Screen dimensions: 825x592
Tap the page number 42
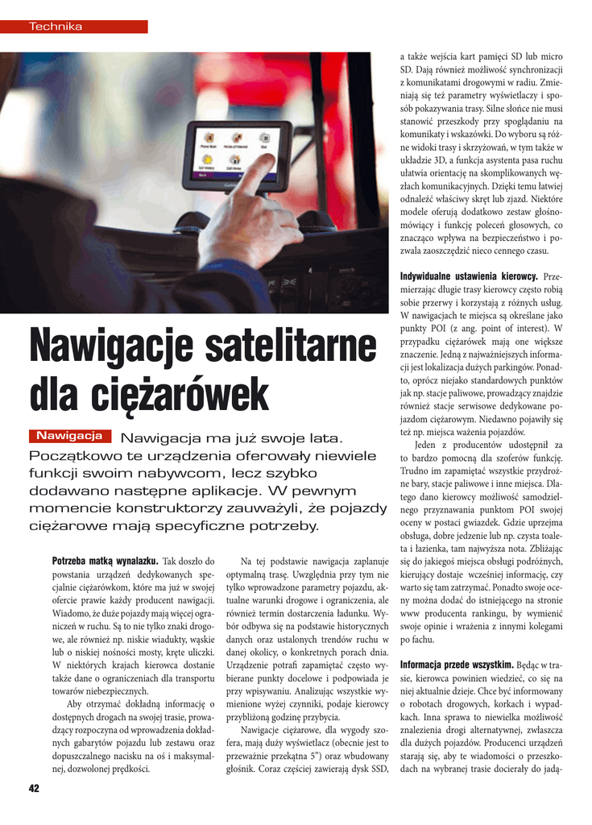click(33, 788)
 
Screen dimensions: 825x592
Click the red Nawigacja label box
click(68, 436)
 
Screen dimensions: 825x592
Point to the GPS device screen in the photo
click(238, 154)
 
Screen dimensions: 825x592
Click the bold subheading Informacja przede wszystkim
click(457, 665)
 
